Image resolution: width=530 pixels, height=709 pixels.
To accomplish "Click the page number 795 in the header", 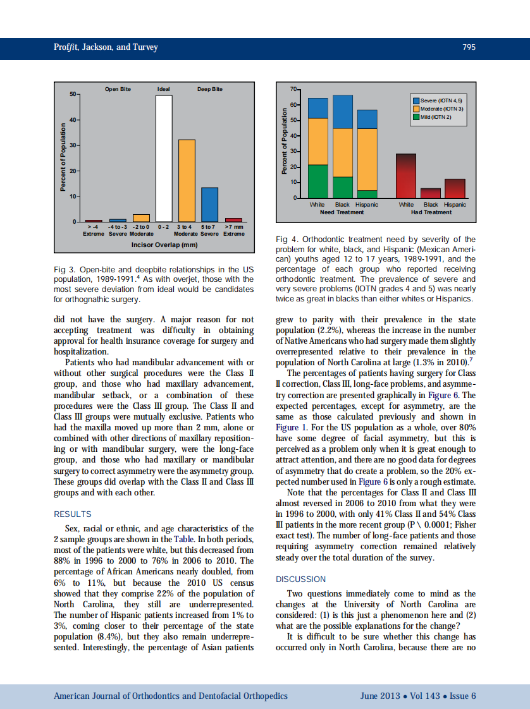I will click(x=469, y=47).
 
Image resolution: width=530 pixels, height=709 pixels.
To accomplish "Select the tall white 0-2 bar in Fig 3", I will click(x=164, y=158).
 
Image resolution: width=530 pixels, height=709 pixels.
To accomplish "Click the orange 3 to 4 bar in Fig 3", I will click(x=187, y=180).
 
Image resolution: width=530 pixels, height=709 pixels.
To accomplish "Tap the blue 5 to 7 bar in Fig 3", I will click(x=209, y=204).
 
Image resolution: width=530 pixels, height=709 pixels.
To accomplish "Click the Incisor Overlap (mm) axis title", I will click(x=164, y=244).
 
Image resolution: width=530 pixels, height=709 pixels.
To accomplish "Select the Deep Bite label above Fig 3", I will click(x=209, y=89).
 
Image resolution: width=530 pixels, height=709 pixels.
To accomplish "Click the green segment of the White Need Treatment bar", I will click(x=317, y=181).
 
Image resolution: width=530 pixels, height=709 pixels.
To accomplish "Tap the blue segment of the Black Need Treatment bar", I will click(x=343, y=112).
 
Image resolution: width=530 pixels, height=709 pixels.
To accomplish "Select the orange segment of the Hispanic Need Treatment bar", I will click(x=367, y=159).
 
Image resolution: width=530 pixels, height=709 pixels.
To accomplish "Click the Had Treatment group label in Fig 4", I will click(x=431, y=212).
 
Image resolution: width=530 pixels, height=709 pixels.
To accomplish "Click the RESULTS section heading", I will click(x=73, y=514).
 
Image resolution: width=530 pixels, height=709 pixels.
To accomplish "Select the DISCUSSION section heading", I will click(x=301, y=579).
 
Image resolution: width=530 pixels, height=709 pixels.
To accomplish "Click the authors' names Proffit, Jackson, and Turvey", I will click(x=106, y=47).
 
